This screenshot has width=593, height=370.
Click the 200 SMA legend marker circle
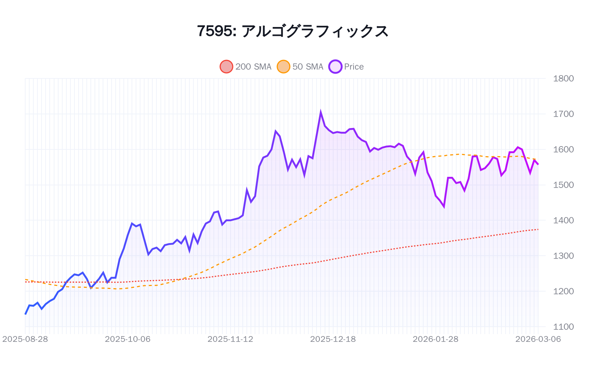click(226, 67)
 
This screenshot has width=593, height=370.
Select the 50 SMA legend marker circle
click(284, 67)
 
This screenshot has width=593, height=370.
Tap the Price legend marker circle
click(335, 67)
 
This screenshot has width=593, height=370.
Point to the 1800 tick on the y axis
click(563, 78)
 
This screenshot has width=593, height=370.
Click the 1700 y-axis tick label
click(563, 114)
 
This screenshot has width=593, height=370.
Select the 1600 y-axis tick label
click(563, 149)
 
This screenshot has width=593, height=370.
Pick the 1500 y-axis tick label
click(563, 185)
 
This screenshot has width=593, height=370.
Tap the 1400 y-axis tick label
click(563, 220)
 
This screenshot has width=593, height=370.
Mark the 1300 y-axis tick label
click(563, 256)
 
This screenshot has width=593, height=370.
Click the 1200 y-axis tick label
click(563, 291)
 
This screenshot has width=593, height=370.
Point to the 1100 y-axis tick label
click(563, 327)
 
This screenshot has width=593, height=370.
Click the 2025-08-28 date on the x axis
click(25, 339)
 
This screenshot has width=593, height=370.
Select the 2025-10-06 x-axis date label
click(128, 339)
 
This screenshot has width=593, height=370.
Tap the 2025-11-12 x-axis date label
click(231, 339)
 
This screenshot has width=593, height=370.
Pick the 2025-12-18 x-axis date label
click(333, 339)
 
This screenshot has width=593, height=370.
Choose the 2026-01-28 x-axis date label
click(435, 339)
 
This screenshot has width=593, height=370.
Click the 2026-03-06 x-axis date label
click(538, 339)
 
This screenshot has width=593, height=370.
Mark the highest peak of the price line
click(321, 112)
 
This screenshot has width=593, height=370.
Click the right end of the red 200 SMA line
click(538, 229)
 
